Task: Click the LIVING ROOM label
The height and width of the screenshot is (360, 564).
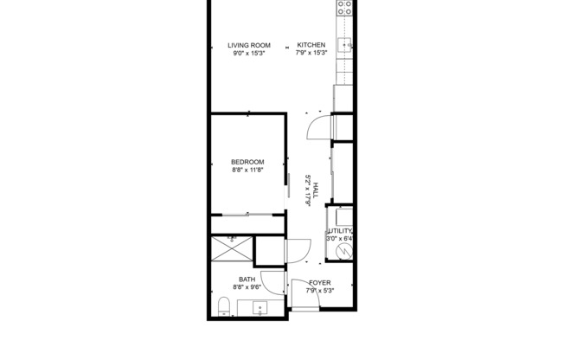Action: (249, 45)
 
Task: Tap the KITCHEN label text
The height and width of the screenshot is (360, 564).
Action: (311, 45)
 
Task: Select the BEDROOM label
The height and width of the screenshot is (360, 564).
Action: (247, 162)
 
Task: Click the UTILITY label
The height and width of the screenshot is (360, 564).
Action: (340, 231)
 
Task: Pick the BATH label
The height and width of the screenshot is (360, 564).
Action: (247, 280)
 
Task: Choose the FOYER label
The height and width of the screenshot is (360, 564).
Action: (320, 282)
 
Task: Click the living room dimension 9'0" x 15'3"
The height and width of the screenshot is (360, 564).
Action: (249, 54)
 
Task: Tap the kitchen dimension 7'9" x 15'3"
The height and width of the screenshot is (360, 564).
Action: (311, 54)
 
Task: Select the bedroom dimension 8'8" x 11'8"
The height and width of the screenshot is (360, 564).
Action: (247, 170)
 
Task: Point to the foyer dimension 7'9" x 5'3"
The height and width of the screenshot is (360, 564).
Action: (320, 291)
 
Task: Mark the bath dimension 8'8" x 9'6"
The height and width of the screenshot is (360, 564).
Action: (247, 288)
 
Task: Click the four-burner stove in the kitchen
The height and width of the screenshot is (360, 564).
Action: (344, 9)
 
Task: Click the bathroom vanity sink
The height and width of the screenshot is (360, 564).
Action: (260, 308)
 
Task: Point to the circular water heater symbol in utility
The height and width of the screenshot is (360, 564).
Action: (343, 251)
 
